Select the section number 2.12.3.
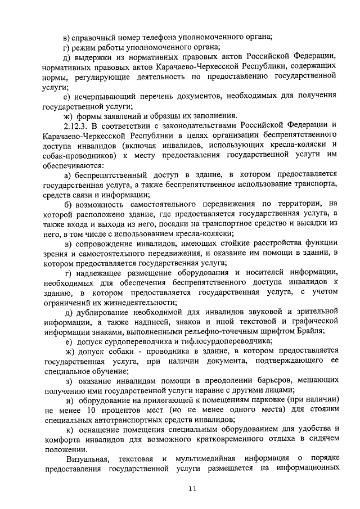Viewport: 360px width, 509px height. tap(78, 125)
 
